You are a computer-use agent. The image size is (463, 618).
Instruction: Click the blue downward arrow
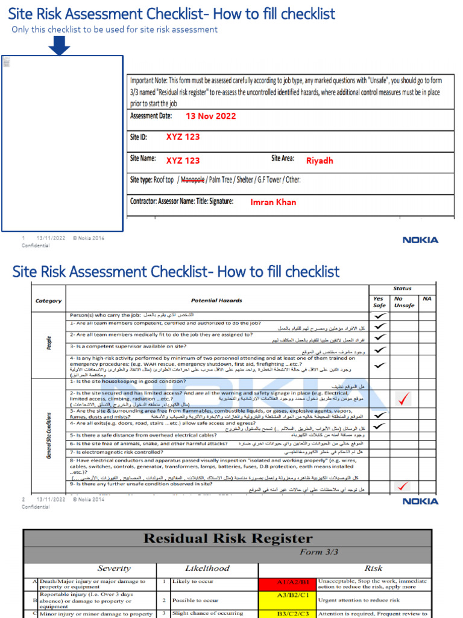[58, 45]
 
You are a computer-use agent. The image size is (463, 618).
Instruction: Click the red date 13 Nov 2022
[210, 116]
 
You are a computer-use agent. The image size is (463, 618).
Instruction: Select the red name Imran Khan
[273, 202]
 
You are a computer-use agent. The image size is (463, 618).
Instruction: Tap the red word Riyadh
[320, 161]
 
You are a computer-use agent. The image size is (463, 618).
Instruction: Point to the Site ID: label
[139, 138]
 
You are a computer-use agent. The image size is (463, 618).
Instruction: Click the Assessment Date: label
[151, 116]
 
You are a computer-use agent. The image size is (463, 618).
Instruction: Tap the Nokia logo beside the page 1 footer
[420, 240]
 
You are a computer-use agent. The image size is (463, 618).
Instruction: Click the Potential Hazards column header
[216, 300]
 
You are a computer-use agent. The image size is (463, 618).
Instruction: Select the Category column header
[48, 301]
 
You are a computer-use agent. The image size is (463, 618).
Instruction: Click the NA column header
[427, 299]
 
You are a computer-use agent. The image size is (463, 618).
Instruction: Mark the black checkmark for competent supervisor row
[379, 349]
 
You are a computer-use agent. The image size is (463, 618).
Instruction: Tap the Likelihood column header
[207, 569]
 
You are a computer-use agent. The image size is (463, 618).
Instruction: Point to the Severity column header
[114, 569]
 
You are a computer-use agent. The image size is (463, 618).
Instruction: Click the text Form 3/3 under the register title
[319, 552]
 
